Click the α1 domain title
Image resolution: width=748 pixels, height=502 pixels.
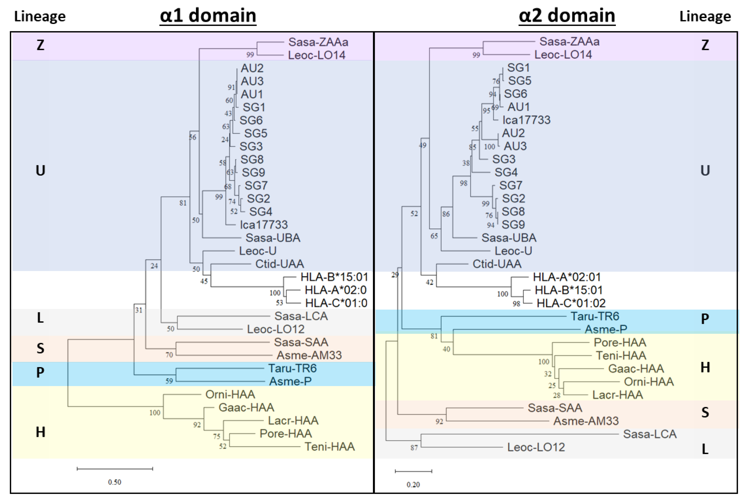[x=208, y=15]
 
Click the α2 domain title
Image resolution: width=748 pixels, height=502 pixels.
[x=567, y=15]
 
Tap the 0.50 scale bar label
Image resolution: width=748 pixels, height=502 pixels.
[x=115, y=482]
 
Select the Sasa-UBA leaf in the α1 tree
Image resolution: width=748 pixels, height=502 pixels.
[x=273, y=238]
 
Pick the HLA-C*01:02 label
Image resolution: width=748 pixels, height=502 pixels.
[x=571, y=303]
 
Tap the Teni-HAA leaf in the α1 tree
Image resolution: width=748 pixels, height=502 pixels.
[x=330, y=447]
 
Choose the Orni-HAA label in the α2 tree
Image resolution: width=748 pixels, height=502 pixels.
[x=649, y=382]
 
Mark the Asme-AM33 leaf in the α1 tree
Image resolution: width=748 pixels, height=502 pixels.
[x=309, y=355]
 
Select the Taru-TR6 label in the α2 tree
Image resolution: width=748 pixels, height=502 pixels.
[x=595, y=316]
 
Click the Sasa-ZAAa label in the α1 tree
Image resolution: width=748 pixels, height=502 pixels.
[x=318, y=42]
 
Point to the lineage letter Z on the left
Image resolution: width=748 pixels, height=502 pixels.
[x=40, y=45]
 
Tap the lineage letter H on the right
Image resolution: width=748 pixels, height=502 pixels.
[x=705, y=368]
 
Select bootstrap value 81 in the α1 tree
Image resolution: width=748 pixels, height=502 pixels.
[x=183, y=203]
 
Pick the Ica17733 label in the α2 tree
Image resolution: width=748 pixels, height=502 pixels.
[x=526, y=120]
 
